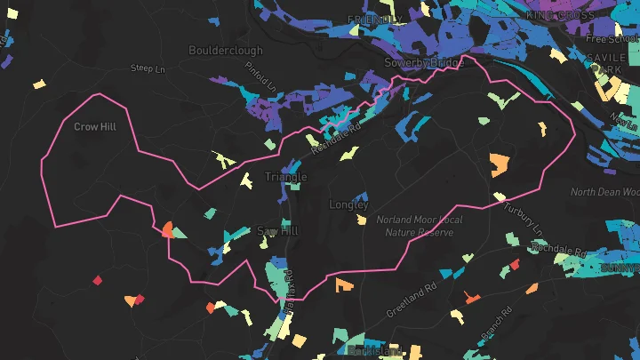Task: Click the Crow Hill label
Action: pos(95,127)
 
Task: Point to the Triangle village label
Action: pos(285,177)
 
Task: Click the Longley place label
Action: pos(348,204)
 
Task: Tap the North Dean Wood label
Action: pos(605,192)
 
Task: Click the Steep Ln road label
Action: pos(148,68)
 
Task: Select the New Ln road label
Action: pos(624,116)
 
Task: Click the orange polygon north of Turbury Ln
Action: pos(499,164)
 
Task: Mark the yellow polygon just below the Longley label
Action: pos(361,219)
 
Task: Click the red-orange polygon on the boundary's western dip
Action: pos(166,229)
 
